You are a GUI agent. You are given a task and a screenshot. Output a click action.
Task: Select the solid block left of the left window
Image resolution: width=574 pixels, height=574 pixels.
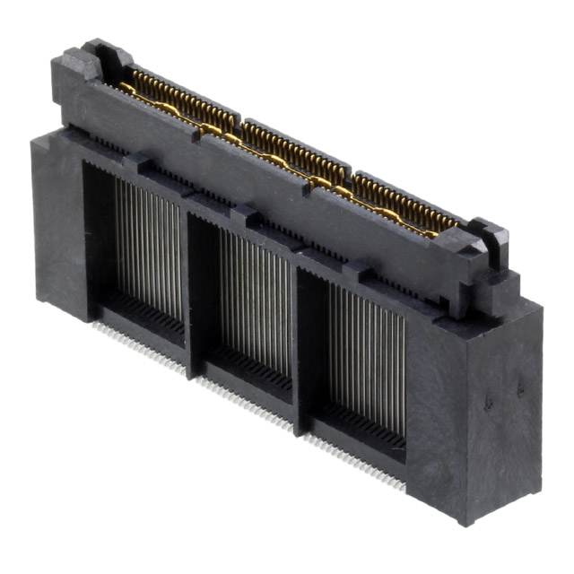58,224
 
